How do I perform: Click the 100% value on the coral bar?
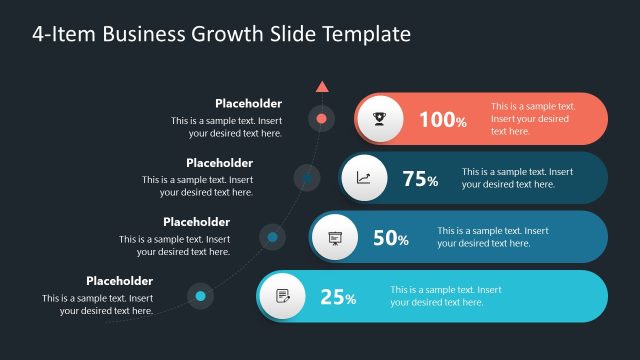click(x=442, y=120)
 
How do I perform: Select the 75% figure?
click(x=420, y=179)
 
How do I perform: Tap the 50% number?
click(x=390, y=238)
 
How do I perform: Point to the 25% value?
click(x=338, y=297)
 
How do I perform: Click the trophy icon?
click(x=381, y=120)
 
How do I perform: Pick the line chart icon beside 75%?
click(x=363, y=179)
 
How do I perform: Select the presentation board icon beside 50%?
click(x=334, y=238)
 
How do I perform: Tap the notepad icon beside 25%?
click(x=282, y=296)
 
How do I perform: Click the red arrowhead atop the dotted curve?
click(x=321, y=87)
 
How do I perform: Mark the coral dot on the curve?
click(x=321, y=119)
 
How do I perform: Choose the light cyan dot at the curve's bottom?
click(x=201, y=296)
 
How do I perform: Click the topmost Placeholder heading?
click(x=248, y=103)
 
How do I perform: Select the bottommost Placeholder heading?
click(x=119, y=281)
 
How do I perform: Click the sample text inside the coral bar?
click(x=532, y=118)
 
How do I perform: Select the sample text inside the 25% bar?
click(x=445, y=296)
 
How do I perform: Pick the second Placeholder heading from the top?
click(x=219, y=163)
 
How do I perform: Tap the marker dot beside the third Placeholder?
click(x=272, y=237)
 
